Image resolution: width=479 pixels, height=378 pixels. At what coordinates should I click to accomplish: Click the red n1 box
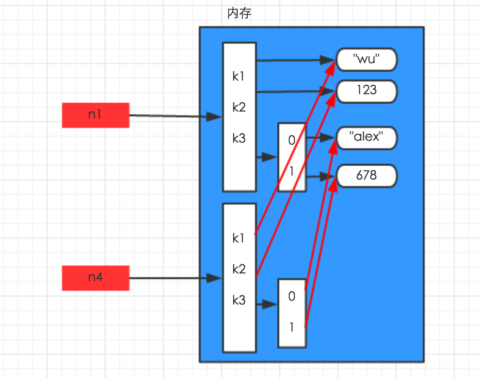tap(96, 115)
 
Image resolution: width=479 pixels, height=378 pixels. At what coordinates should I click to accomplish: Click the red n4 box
tap(96, 278)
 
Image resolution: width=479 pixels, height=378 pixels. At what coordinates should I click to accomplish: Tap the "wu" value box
tap(366, 60)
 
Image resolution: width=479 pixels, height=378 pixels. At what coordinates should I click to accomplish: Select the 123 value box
tap(366, 91)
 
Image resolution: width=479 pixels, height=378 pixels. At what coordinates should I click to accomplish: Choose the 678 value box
tap(366, 175)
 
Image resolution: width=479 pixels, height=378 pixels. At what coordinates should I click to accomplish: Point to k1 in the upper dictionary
tap(239, 76)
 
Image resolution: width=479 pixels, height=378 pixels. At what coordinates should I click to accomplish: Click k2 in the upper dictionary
tap(239, 107)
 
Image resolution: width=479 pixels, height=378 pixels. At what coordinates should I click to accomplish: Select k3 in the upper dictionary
tap(239, 139)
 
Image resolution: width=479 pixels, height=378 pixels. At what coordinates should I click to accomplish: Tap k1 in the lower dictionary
tap(239, 238)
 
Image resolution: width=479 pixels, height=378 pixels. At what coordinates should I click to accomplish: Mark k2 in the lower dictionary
tap(239, 269)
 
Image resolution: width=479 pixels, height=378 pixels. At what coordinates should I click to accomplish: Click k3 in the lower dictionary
tap(239, 300)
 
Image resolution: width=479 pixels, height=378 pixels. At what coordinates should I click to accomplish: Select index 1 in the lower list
tap(291, 328)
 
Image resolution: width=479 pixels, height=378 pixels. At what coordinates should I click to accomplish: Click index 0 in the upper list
tap(291, 141)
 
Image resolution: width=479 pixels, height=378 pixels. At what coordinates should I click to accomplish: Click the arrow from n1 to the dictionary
tap(175, 116)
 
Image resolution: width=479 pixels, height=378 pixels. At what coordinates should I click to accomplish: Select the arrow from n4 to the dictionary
tap(175, 278)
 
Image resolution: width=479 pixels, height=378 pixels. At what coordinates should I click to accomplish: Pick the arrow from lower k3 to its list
tap(267, 304)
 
